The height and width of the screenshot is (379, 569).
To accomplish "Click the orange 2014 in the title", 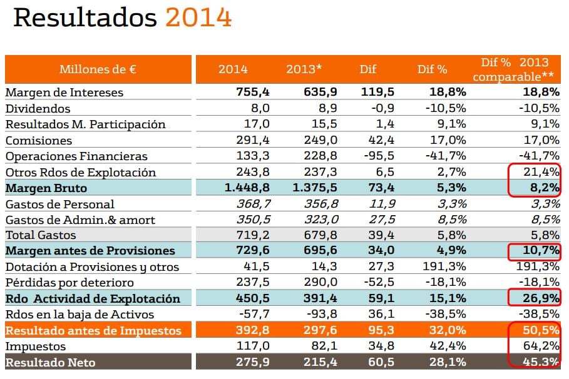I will [198, 18].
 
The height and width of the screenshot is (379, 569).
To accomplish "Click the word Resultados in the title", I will [85, 18].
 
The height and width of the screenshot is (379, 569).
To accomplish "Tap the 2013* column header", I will [304, 69].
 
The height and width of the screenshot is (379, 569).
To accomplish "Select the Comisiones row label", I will [39, 140].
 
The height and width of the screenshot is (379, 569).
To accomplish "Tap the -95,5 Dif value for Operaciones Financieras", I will [378, 156].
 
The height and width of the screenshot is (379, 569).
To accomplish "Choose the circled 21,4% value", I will [543, 172].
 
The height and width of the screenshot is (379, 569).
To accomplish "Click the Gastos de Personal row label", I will [60, 204].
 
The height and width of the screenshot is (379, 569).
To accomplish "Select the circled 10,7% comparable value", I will [543, 251].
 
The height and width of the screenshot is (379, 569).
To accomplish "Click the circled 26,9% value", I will [543, 298].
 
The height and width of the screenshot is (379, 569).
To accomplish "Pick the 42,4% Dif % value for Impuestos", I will [448, 346].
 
